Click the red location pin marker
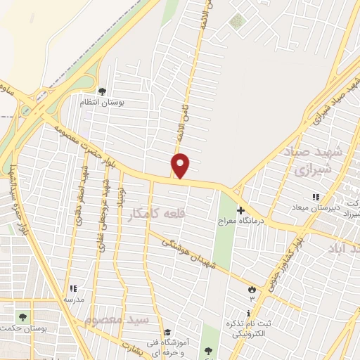pyautogui.click(x=181, y=165)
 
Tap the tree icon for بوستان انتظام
pyautogui.click(x=103, y=91)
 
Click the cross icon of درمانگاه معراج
pyautogui.click(x=240, y=210)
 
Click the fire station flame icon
pyautogui.click(x=252, y=289)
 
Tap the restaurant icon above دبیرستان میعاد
pyautogui.click(x=316, y=197)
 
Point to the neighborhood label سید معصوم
pyautogui.click(x=117, y=320)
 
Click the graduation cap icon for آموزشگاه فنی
pyautogui.click(x=167, y=332)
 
